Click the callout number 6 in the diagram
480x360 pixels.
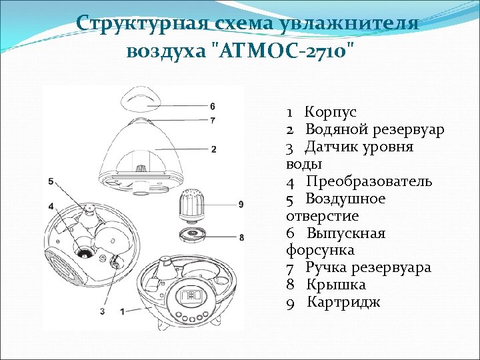(212, 107)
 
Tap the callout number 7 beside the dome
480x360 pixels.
(212, 121)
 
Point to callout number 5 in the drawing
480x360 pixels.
(51, 181)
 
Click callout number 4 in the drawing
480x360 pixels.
(51, 205)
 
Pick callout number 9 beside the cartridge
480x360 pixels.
(240, 203)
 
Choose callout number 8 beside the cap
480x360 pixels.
(241, 237)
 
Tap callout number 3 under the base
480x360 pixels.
(103, 311)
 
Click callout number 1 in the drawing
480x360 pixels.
(123, 311)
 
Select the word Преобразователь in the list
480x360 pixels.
(369, 181)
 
